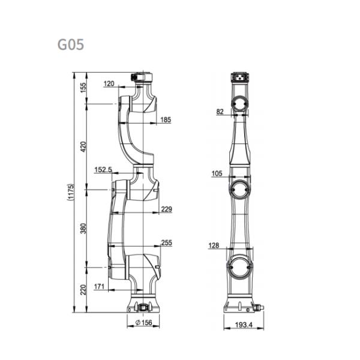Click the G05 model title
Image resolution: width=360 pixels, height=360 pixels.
point(70,45)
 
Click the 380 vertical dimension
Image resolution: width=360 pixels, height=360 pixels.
point(83,228)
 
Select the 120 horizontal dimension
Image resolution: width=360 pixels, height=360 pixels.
point(108,84)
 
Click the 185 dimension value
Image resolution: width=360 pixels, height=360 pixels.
point(166,120)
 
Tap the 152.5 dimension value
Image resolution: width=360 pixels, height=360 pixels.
point(103,170)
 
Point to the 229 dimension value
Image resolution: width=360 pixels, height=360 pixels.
point(166,209)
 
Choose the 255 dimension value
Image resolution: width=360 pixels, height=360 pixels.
point(166,243)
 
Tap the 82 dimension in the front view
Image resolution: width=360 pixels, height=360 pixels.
point(220,112)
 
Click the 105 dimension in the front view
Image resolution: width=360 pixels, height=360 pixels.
point(217,173)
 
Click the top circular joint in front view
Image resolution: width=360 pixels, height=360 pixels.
point(240,104)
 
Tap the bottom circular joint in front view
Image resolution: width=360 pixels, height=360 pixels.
point(240,265)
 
